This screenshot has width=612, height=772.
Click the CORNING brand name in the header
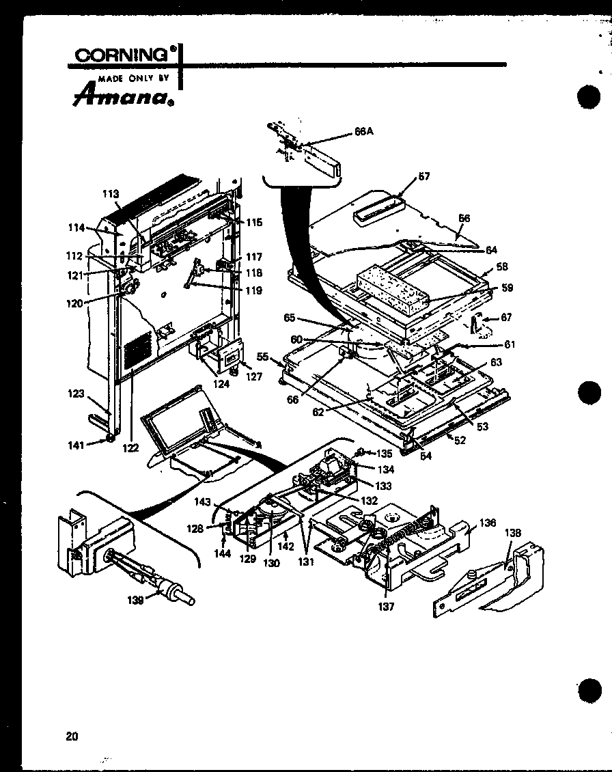pyautogui.click(x=122, y=55)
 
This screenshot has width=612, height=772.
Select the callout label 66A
pyautogui.click(x=365, y=133)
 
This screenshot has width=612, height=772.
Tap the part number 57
pyautogui.click(x=424, y=176)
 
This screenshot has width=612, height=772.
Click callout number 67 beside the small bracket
pyautogui.click(x=506, y=318)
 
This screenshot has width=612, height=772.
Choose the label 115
pyautogui.click(x=254, y=222)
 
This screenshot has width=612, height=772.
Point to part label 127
pyautogui.click(x=254, y=376)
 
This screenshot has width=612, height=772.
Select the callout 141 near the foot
pyautogui.click(x=76, y=445)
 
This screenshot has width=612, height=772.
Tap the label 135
pyautogui.click(x=386, y=452)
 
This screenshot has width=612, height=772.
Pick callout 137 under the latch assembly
pyautogui.click(x=387, y=606)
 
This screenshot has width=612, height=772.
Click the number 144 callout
pyautogui.click(x=222, y=554)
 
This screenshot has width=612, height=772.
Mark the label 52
pyautogui.click(x=460, y=441)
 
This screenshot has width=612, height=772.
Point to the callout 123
pyautogui.click(x=76, y=394)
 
